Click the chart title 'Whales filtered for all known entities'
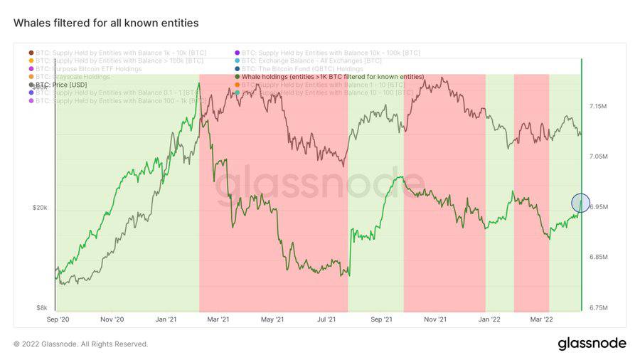point(106,23)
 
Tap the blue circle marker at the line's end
point(580,203)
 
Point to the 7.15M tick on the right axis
point(597,106)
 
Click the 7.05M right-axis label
point(597,157)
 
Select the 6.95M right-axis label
point(597,207)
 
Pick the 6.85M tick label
point(597,257)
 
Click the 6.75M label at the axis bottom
point(597,308)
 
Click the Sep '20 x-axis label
point(57,320)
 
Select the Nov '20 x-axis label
point(112,320)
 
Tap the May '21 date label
point(272,320)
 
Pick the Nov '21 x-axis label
point(434,320)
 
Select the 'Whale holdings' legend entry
point(331,76)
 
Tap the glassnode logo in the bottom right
point(592,344)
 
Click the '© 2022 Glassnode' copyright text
point(81,344)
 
